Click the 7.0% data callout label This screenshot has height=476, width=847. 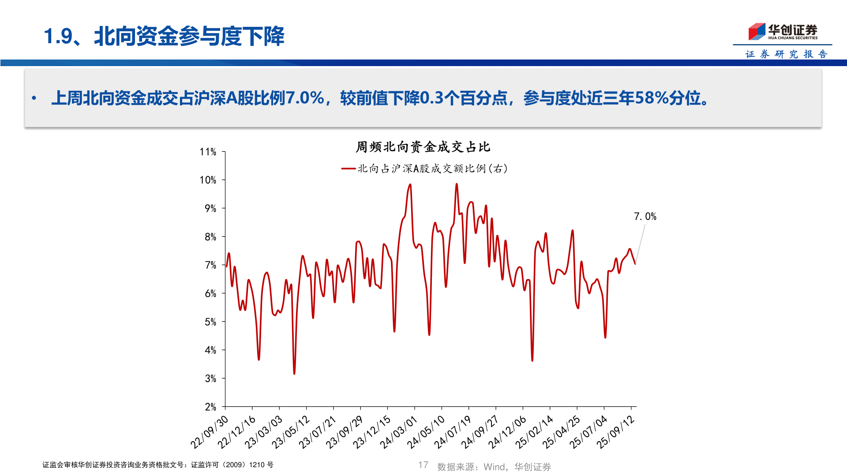coord(645,216)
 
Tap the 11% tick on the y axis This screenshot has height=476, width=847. coord(208,152)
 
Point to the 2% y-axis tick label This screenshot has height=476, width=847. coord(210,407)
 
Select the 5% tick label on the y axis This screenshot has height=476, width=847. coord(210,322)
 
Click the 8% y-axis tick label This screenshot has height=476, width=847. coord(210,237)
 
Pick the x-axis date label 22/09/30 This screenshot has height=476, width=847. coord(210,432)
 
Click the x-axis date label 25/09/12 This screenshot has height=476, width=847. coord(616,432)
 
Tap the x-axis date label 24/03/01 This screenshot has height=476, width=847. coord(399,432)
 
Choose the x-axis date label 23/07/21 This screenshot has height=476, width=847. coord(318,432)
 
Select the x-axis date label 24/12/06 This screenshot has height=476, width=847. coord(507,432)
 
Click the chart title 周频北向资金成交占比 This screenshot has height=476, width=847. coord(423,147)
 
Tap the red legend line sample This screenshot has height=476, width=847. coord(349,168)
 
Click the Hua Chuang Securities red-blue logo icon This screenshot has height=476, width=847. coord(757,31)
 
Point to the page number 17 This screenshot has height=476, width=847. coord(423,465)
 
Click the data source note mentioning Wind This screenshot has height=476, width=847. coord(494,467)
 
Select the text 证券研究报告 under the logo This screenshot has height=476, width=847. coord(786,54)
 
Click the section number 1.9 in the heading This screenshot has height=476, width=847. coord(58,36)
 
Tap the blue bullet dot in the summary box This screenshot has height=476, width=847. coord(34,98)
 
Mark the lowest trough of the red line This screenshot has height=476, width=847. coord(294,373)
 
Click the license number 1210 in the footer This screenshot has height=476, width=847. coord(257,465)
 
